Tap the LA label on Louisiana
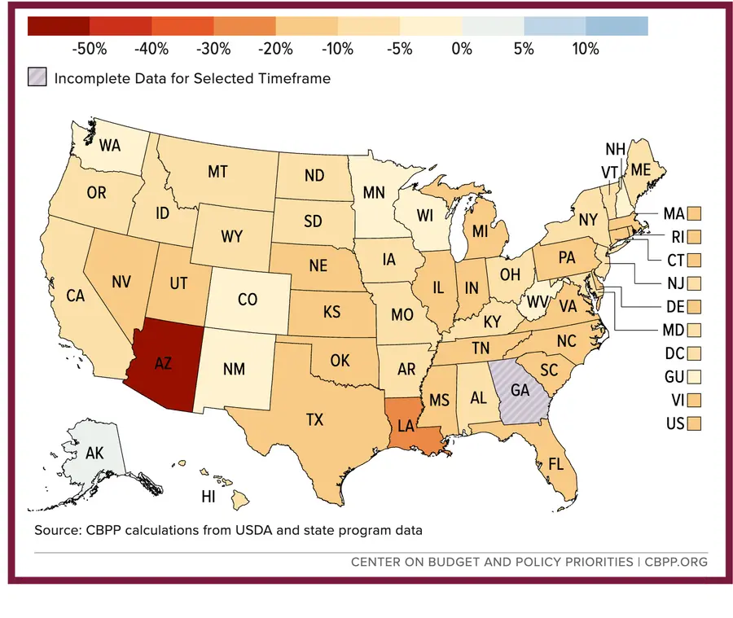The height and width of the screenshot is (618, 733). click(x=406, y=425)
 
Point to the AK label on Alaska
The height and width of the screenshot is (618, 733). click(x=94, y=453)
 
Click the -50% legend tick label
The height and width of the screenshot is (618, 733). click(x=90, y=49)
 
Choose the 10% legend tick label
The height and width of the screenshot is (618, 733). click(x=586, y=49)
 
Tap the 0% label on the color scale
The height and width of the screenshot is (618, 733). click(x=462, y=49)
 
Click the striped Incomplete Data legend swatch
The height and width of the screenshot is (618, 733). click(x=37, y=77)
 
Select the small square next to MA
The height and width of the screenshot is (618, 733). click(x=694, y=213)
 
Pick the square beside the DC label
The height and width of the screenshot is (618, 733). click(x=694, y=353)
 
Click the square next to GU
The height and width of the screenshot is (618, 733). click(x=694, y=377)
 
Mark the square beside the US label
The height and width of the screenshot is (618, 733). click(x=694, y=423)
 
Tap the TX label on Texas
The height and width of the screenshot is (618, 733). click(x=314, y=419)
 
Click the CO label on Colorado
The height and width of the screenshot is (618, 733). click(x=248, y=299)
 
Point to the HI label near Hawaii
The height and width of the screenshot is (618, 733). click(x=208, y=497)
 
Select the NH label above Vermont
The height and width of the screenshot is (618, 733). click(x=615, y=149)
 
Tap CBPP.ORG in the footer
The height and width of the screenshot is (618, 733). click(x=676, y=562)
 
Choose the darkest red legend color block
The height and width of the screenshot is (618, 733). click(x=59, y=26)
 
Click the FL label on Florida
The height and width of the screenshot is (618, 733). click(x=555, y=464)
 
